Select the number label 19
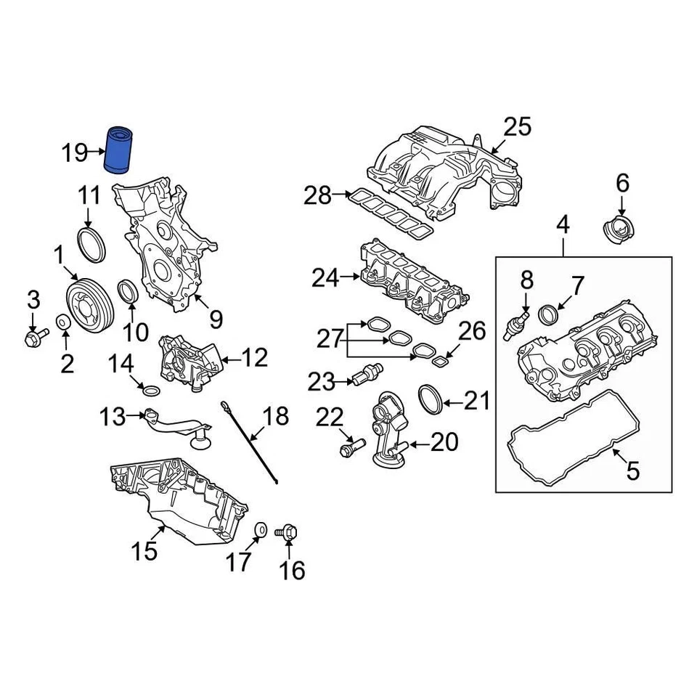pos(75,153)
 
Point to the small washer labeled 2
pos(63,322)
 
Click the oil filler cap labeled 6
pos(619,232)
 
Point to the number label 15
pos(144,551)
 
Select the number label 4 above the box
pos(563,225)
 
